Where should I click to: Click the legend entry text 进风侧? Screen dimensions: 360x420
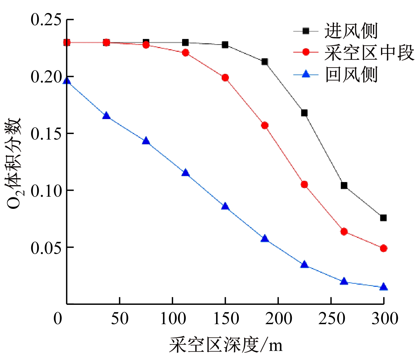[x=351, y=31]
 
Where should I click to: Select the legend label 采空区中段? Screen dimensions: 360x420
[x=369, y=52]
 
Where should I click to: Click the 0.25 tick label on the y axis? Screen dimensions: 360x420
[x=46, y=20]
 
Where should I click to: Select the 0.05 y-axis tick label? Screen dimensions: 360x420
[x=46, y=247]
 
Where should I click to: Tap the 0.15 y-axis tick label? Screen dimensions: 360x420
[x=46, y=134]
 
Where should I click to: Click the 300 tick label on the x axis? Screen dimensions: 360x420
[x=384, y=319]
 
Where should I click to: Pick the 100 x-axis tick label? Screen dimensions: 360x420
[x=173, y=319]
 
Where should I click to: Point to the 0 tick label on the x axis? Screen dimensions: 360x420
[x=58, y=319]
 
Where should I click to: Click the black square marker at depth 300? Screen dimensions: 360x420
[x=384, y=218]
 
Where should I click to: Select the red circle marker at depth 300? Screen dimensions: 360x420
[x=384, y=248]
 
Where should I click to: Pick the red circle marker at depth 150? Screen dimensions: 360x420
[x=225, y=78]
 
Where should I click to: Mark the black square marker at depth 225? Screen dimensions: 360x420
[x=304, y=113]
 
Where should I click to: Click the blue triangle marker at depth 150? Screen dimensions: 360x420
[x=225, y=207]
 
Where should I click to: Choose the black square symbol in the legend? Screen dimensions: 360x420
[x=306, y=31]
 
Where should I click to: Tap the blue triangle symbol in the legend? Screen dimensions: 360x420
[x=306, y=74]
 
